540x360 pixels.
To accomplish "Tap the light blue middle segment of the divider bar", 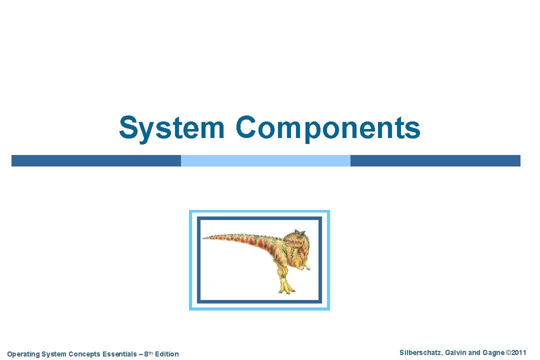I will click(x=265, y=160).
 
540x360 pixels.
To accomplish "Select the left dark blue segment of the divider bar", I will click(x=96, y=160).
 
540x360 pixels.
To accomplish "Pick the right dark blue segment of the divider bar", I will click(x=435, y=160).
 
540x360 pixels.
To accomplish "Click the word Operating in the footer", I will click(x=23, y=354).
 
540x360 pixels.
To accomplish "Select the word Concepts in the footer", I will click(x=83, y=354).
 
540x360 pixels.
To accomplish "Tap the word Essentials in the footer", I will click(x=119, y=354).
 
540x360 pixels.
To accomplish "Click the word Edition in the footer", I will click(x=166, y=354).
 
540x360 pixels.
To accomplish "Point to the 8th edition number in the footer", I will click(x=147, y=353).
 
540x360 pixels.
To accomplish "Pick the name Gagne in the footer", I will click(x=493, y=352).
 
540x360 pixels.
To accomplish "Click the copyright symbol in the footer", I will click(x=508, y=352).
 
